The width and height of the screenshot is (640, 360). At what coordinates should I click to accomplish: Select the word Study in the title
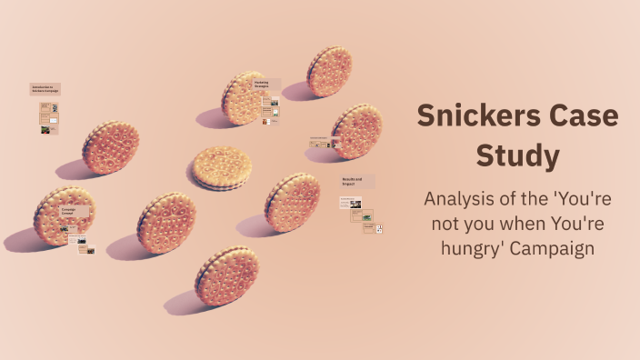pyautogui.click(x=517, y=155)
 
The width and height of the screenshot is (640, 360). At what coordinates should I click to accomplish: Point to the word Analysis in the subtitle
pyautogui.click(x=462, y=200)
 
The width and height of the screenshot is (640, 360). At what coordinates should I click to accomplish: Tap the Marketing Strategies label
pyautogui.click(x=262, y=84)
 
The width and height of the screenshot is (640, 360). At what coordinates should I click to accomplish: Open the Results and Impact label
pyautogui.click(x=352, y=180)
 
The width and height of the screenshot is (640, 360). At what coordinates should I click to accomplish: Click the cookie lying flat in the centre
pyautogui.click(x=221, y=168)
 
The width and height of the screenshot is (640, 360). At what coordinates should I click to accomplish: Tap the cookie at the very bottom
pyautogui.click(x=226, y=276)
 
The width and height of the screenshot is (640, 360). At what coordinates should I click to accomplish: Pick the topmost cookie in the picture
pyautogui.click(x=329, y=72)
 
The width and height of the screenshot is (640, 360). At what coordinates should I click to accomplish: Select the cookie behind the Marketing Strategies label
pyautogui.click(x=243, y=98)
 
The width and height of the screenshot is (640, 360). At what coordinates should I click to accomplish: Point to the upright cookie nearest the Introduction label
pyautogui.click(x=111, y=147)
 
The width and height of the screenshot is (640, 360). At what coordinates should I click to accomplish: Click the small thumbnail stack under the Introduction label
pyautogui.click(x=49, y=118)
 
